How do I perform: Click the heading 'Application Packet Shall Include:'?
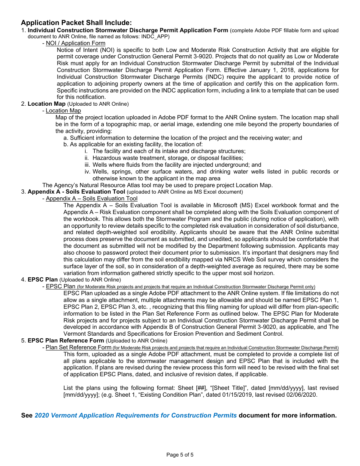point(76,23)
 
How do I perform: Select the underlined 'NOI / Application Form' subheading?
point(75,43)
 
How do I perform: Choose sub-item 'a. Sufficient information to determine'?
point(183,138)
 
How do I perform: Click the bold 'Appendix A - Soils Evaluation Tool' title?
point(76,192)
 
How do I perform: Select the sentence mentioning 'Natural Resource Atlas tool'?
point(157,185)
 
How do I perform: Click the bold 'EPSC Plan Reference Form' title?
point(66,341)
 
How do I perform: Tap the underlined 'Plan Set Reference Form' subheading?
point(78,347)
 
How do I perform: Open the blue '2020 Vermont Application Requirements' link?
point(136,415)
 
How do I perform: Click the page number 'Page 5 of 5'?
point(180,455)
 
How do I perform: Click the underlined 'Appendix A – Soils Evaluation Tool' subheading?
point(91,199)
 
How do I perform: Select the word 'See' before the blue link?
point(27,415)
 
